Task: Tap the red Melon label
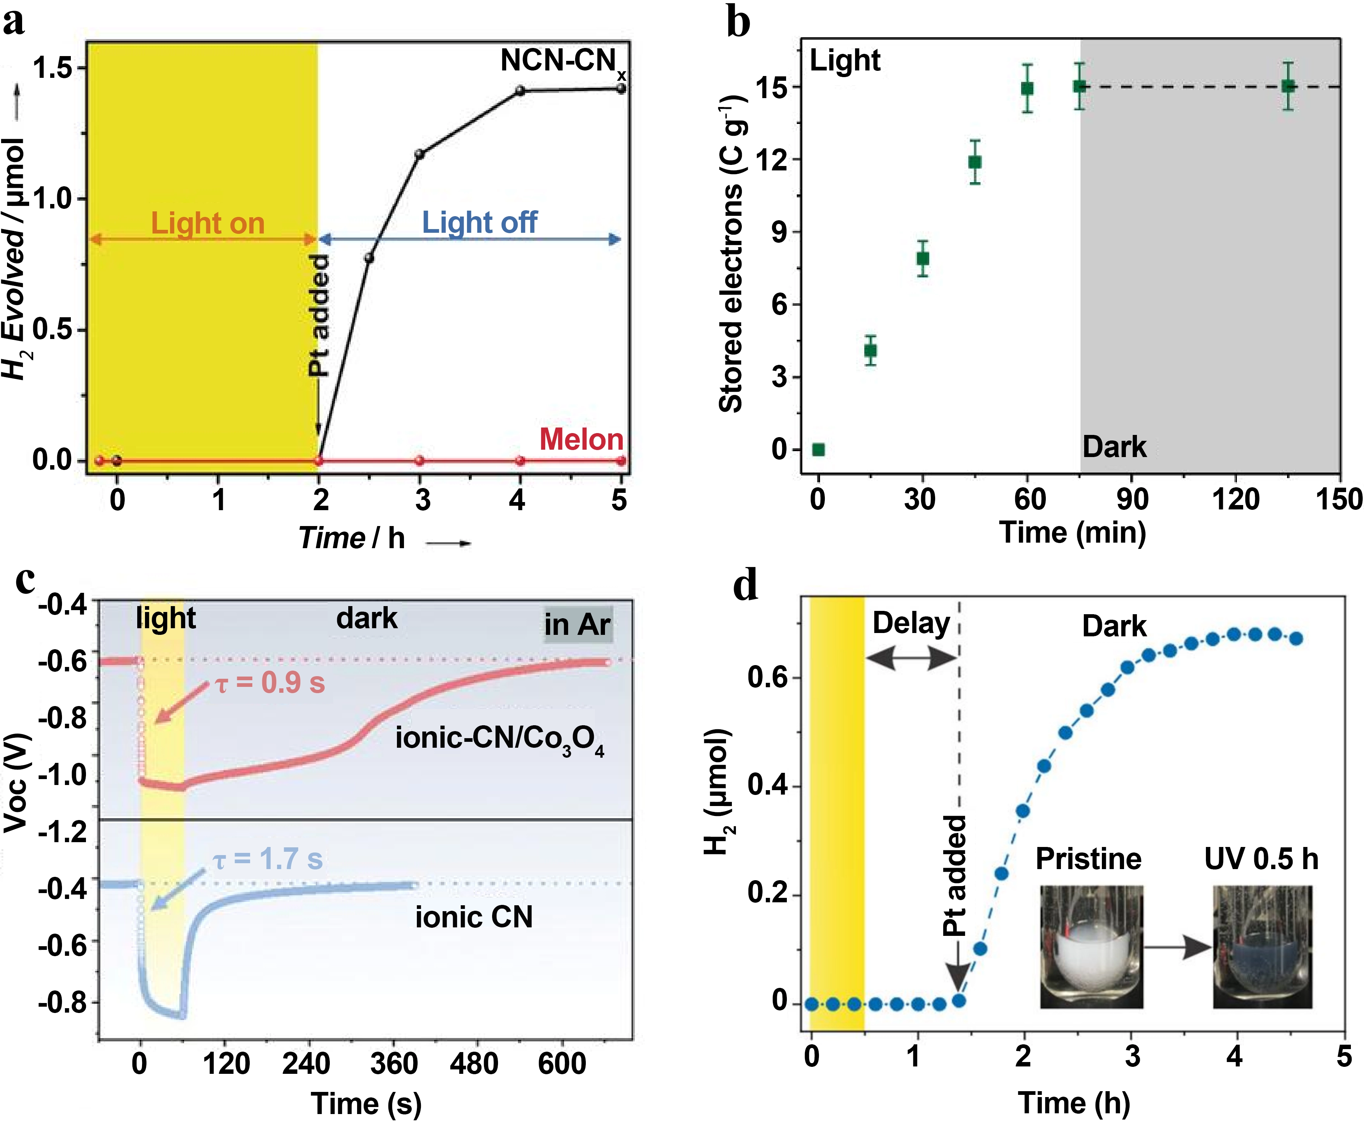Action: click(581, 440)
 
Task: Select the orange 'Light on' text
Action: click(208, 224)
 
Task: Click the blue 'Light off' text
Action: click(479, 223)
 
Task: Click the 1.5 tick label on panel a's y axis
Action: click(52, 68)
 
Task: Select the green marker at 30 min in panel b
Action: click(923, 258)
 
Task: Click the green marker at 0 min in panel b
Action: click(818, 449)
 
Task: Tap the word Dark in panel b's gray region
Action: click(1114, 447)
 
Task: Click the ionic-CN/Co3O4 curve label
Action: click(499, 739)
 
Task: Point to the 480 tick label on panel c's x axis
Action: click(474, 1064)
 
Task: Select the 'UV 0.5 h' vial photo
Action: click(1262, 947)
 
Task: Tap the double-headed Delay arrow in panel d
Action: click(911, 658)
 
